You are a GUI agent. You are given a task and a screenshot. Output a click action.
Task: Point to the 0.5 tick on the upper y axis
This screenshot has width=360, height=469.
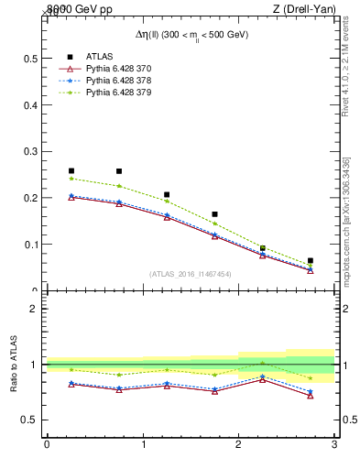32,58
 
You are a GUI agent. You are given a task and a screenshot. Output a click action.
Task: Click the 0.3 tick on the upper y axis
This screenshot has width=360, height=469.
32,151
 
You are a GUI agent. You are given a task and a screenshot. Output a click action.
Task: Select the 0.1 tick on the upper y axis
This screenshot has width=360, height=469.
32,245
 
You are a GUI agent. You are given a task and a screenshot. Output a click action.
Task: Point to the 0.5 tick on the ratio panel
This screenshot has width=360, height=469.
30,420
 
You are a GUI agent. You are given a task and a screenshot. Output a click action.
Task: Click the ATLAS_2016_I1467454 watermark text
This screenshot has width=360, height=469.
191,273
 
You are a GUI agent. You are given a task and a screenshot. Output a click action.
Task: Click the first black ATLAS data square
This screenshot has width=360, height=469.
71,170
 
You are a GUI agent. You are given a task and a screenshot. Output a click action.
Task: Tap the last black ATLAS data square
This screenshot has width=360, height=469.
311,261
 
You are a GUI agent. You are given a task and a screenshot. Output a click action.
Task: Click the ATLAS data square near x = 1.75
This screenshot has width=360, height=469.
215,214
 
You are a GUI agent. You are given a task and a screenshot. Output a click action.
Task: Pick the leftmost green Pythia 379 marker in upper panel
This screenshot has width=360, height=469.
71,179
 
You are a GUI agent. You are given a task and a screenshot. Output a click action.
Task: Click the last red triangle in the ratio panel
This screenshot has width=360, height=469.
311,396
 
